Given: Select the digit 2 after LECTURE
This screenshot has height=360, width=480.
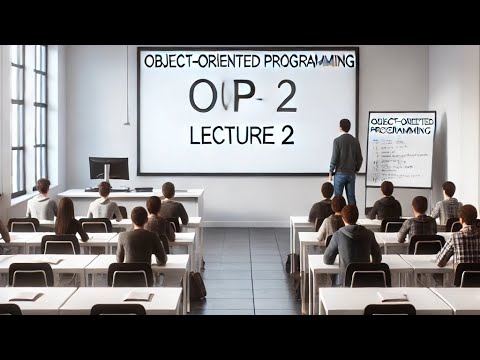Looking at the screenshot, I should pyautogui.click(x=287, y=135).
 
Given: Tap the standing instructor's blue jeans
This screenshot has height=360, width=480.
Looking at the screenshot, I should pyautogui.click(x=345, y=186).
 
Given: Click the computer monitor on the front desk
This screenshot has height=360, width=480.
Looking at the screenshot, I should pyautogui.click(x=108, y=168).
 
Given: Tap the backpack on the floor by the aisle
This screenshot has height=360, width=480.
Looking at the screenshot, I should pyautogui.click(x=198, y=286).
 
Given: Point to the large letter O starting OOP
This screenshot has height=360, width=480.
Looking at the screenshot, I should pyautogui.click(x=200, y=97).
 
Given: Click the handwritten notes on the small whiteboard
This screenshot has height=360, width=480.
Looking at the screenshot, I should pyautogui.click(x=400, y=155).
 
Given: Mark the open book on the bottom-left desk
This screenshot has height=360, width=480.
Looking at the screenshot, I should pyautogui.click(x=25, y=297).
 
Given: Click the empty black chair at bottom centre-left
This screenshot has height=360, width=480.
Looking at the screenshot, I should pyautogui.click(x=118, y=309).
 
